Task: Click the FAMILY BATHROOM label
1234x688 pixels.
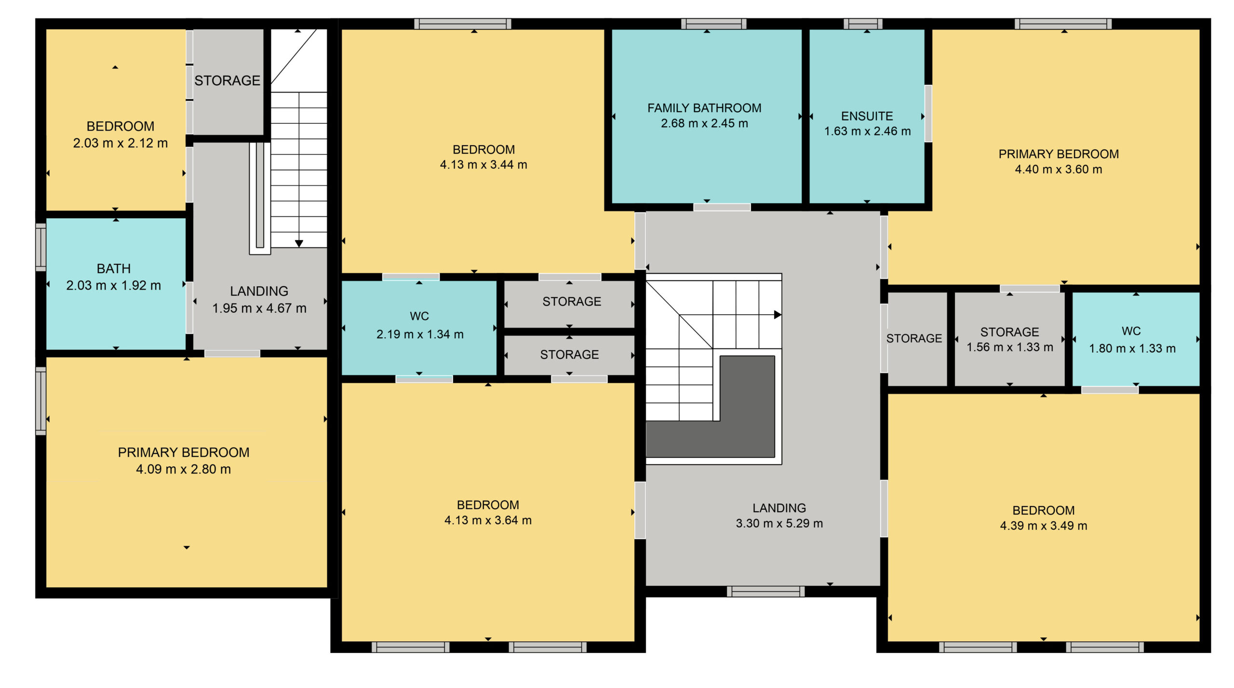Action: pos(704,108)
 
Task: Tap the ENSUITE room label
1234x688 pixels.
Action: pos(867,116)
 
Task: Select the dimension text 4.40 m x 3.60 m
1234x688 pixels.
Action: pos(1059,169)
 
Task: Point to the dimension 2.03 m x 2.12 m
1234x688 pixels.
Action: pos(121,143)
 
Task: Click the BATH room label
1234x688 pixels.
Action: pos(114,268)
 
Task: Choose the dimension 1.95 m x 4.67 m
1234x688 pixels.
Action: pos(259,308)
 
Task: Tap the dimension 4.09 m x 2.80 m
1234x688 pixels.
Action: pos(184,469)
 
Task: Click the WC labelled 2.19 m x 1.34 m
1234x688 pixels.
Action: pos(419,316)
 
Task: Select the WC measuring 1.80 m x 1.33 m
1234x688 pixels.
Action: pos(1131,331)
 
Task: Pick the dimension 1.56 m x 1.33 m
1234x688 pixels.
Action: pos(1010,347)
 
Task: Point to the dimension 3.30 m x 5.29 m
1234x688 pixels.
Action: pos(779,523)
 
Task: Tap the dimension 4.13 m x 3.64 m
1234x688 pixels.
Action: pos(488,520)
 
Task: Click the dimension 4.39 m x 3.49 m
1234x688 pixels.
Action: pos(1044,526)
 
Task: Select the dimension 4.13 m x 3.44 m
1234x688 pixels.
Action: pos(483,165)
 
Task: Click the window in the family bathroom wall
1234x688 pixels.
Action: pos(714,24)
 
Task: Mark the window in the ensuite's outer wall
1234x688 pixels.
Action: pos(863,24)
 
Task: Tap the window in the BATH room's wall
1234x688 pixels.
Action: pos(41,247)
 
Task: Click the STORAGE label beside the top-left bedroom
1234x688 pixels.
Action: pos(228,80)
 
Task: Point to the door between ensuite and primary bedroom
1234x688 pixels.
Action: pos(928,114)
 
